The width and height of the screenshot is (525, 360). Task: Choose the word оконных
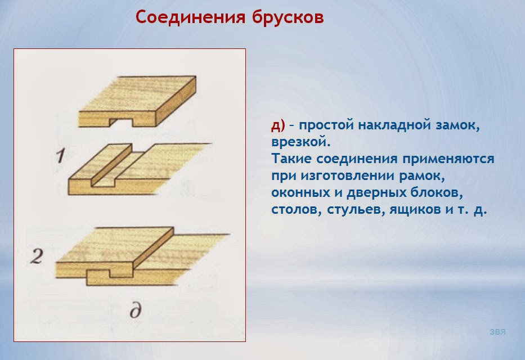tap(298, 193)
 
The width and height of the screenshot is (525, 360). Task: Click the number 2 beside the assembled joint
tap(37, 257)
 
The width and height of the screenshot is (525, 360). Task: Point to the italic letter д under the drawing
tap(134, 310)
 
